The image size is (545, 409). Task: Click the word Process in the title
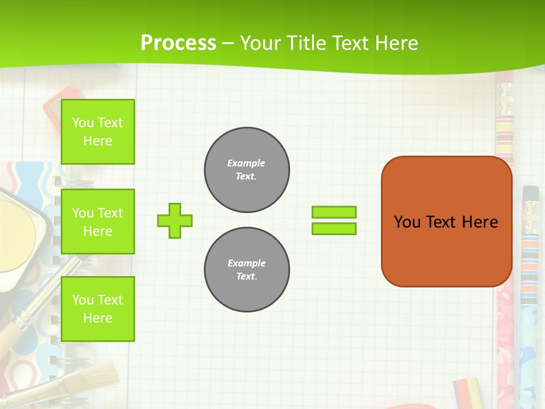coord(178,43)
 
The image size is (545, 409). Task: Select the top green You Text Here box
coord(98,132)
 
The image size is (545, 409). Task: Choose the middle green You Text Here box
coord(98,222)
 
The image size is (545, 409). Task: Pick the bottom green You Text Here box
coord(98,309)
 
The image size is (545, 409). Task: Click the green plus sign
coord(175,220)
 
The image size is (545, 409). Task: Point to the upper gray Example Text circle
coord(247,170)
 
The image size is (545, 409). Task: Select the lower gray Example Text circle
coord(247,270)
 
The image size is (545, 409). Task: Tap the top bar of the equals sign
coord(334,212)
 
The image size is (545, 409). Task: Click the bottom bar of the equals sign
coord(334,228)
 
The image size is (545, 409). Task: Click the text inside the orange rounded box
coord(446,222)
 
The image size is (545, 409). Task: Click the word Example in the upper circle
coord(246,163)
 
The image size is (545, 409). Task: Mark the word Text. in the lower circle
coord(246,277)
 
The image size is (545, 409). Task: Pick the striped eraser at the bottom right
coord(467,392)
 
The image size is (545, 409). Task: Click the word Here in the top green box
coord(98,141)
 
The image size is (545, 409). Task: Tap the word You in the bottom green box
coord(82,300)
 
